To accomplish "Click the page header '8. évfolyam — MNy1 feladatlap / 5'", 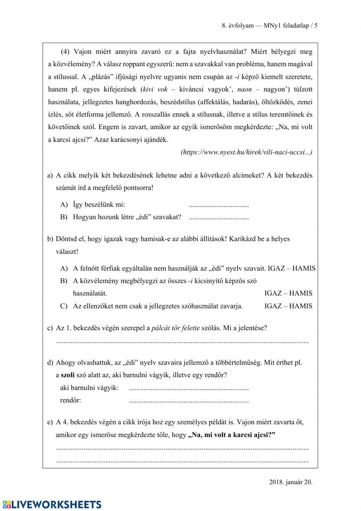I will (269, 26).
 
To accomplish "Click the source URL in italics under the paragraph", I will (246, 152).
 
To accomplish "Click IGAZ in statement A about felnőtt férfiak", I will (277, 268).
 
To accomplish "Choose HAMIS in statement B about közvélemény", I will (301, 293).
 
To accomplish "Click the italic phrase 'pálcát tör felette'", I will (175, 328).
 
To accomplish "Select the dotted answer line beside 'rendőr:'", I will (188, 401).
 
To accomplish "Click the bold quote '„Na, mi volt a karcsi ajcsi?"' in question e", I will (231, 435).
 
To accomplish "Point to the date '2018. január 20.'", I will (291, 482).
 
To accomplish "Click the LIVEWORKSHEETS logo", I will (52, 504).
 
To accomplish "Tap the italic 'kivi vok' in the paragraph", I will (155, 89).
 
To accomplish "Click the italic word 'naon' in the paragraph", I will (245, 89).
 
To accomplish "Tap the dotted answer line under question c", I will (182, 341).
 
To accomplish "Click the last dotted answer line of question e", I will (182, 461).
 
